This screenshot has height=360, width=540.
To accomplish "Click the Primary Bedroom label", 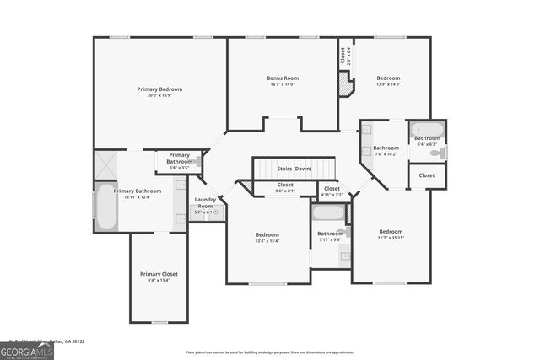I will [159, 89].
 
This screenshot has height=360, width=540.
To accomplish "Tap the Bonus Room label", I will [283, 78].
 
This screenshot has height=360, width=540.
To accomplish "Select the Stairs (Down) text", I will [294, 169].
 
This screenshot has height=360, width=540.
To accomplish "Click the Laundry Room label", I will [206, 202].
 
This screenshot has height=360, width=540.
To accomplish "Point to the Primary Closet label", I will [159, 274].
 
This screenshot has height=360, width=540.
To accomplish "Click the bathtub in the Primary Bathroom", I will [105, 207].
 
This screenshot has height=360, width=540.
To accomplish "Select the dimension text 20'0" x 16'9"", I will [159, 95].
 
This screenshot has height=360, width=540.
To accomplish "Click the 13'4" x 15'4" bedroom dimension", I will [267, 241].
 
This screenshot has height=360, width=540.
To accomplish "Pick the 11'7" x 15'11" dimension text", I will [391, 238].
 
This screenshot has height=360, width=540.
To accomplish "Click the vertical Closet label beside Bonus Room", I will [343, 56].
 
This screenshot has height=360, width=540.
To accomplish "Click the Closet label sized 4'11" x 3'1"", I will [332, 191].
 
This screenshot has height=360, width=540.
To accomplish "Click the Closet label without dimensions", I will [427, 175].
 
